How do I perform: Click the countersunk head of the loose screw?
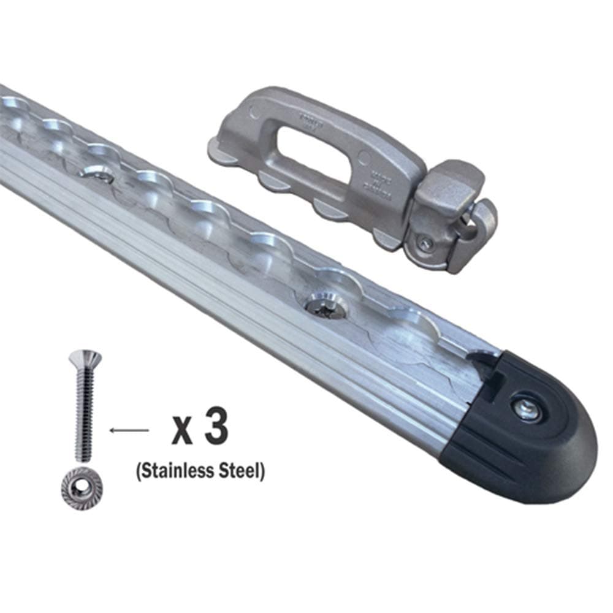tap(85, 357)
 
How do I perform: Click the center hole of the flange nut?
tap(82, 489)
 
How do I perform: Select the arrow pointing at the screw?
tap(129, 430)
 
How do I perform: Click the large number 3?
tap(216, 429)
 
